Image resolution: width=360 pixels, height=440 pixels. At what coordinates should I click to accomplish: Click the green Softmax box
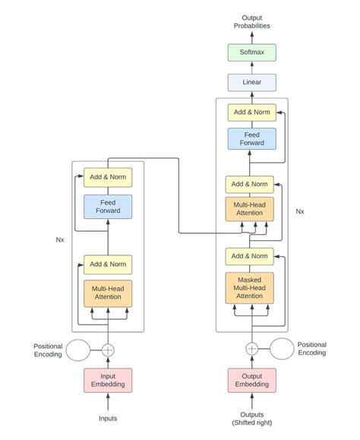251,52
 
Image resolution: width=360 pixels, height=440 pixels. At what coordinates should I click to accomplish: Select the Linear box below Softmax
251,83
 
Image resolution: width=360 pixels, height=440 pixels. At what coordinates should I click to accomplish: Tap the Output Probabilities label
251,21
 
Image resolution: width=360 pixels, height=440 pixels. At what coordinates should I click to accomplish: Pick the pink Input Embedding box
108,380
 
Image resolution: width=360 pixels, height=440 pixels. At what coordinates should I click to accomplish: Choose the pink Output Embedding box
251,380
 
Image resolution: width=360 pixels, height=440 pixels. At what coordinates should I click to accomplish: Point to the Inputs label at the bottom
108,419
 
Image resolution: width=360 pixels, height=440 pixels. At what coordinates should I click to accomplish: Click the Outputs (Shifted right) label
251,419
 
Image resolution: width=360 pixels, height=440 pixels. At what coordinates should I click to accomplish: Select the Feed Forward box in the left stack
108,207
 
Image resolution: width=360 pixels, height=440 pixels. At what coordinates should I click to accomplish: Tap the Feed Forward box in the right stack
251,138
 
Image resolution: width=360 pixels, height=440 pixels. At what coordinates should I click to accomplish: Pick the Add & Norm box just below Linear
251,112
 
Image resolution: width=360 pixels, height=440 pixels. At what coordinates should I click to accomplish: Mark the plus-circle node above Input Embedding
108,350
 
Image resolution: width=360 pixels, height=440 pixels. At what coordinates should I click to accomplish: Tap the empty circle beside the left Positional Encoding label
78,350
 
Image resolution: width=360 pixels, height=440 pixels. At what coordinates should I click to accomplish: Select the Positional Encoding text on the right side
311,349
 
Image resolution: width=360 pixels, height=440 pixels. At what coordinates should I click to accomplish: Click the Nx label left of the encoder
60,239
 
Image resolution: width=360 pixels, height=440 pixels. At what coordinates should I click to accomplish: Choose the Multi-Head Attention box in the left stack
108,293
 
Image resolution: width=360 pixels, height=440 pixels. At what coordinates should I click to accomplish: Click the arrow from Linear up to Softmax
251,68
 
